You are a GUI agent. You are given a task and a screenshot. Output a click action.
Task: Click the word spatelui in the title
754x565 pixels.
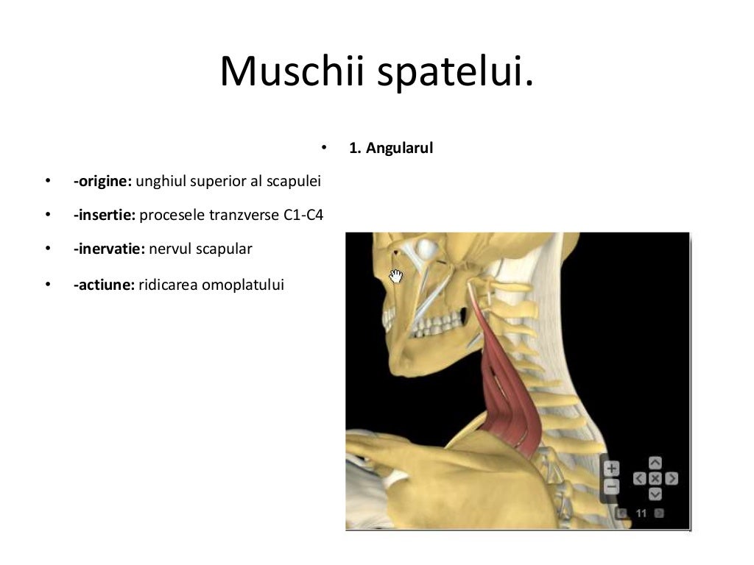(x=457, y=71)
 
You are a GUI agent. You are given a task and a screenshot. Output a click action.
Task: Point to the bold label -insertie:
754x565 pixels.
(x=104, y=216)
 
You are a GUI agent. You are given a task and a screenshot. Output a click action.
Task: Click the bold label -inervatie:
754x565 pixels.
(x=109, y=249)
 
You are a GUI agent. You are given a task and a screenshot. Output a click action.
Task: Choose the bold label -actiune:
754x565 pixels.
(x=103, y=284)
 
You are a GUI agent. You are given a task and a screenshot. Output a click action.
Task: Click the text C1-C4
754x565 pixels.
(x=303, y=216)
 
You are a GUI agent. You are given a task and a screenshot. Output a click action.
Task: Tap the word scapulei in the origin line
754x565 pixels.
(x=296, y=181)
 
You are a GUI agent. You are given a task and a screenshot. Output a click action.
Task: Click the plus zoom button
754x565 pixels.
(x=612, y=468)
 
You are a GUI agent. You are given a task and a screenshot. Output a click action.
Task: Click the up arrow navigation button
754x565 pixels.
(x=655, y=463)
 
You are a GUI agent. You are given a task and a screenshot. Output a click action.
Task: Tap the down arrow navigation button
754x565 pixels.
(x=655, y=494)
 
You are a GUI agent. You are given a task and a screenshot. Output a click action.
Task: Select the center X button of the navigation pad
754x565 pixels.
(x=655, y=479)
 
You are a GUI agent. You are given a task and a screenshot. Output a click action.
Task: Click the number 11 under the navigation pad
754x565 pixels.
(x=641, y=513)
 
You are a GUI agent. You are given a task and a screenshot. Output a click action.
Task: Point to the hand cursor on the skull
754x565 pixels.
(x=396, y=276)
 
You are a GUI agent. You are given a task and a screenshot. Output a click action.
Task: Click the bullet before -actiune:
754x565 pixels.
(x=48, y=284)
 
